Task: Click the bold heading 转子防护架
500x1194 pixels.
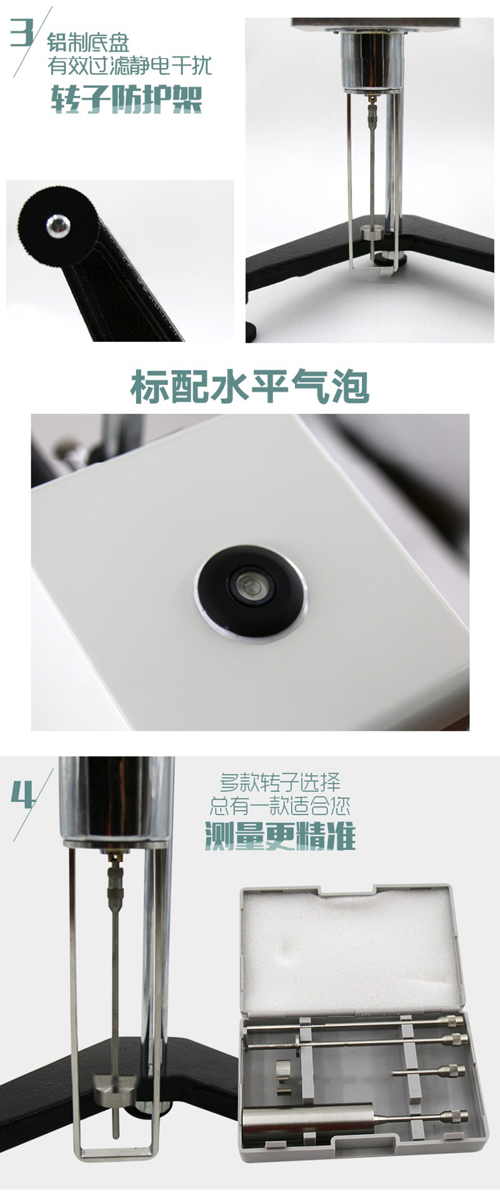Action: (127, 99)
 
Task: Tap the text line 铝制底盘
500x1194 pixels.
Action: (89, 43)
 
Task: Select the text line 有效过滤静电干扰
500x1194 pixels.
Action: (130, 66)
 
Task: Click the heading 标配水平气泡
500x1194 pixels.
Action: (250, 387)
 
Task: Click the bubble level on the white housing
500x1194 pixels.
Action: (251, 586)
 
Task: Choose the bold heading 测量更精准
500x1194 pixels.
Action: (280, 836)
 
